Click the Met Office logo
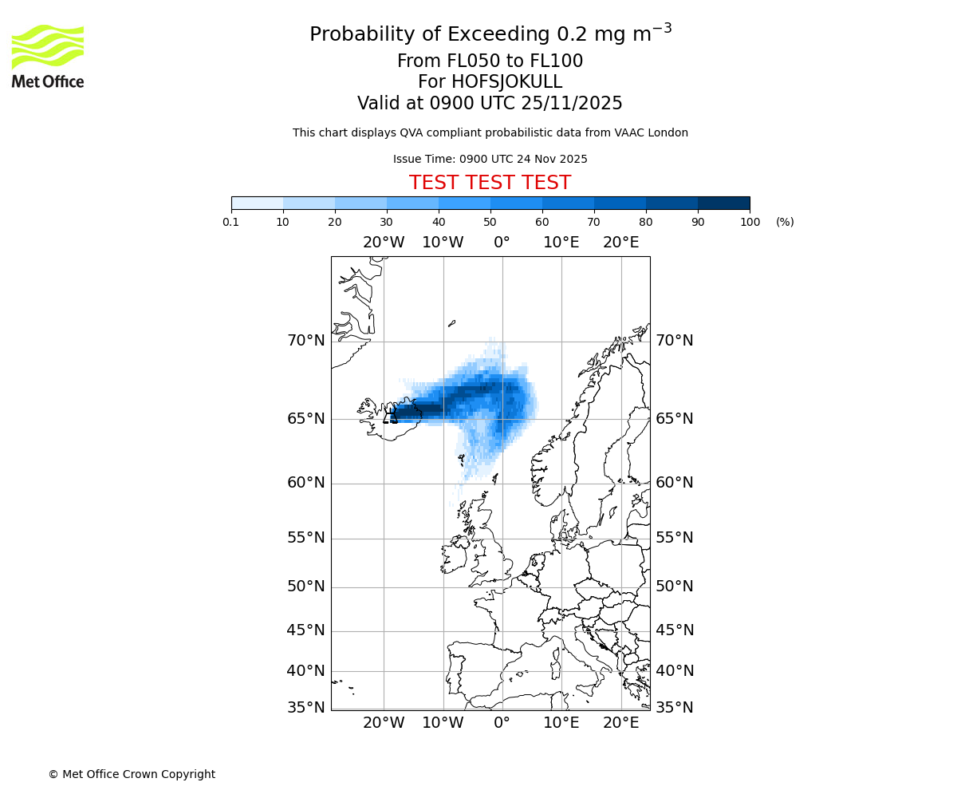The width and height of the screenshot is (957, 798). (x=48, y=56)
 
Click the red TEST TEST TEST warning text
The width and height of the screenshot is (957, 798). (x=490, y=183)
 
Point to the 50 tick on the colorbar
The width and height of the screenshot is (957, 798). (x=490, y=222)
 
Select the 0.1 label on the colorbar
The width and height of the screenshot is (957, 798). (x=231, y=222)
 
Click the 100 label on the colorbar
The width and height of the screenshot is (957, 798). (x=750, y=222)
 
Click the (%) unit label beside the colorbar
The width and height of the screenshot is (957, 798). (x=785, y=222)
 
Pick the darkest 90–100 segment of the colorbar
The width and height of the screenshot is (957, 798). (x=723, y=203)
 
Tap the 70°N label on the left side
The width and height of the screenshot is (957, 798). (x=306, y=341)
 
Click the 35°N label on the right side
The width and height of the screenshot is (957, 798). (x=674, y=708)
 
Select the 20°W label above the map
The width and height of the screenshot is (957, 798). (x=384, y=243)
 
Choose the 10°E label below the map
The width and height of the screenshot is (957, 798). (x=561, y=723)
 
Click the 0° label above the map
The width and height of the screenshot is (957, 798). (x=502, y=243)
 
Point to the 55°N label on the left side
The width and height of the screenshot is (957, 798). (x=306, y=538)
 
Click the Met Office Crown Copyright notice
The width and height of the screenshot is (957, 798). (x=132, y=774)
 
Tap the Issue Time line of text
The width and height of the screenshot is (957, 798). (x=490, y=159)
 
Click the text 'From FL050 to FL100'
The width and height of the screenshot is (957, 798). (x=490, y=61)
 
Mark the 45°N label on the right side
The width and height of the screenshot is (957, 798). (x=674, y=630)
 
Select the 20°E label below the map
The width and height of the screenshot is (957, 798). (x=620, y=723)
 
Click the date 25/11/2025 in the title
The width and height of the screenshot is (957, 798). (x=572, y=104)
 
